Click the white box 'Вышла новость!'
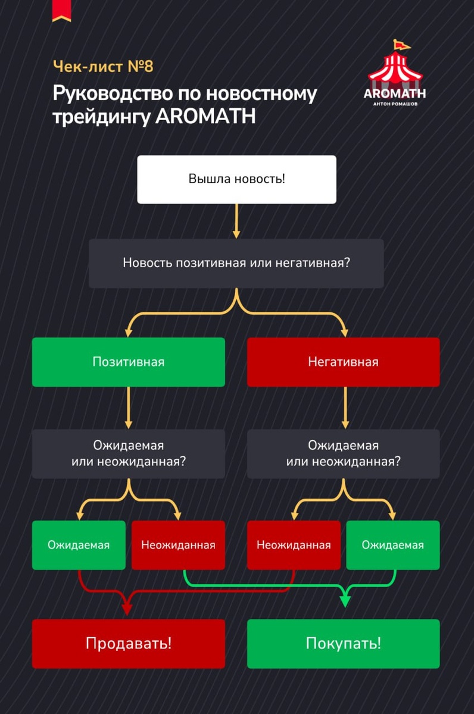coord(236,179)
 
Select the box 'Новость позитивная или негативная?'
coord(236,263)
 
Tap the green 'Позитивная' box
coord(128,362)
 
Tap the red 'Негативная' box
coord(343,362)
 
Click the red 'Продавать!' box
coord(128,643)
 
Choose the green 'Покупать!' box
coord(343,643)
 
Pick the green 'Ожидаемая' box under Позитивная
coord(79,545)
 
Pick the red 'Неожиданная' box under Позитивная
coord(178,545)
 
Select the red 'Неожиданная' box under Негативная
coord(294,545)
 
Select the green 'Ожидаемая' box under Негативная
coord(393,545)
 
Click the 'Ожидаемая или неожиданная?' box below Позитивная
coord(128,453)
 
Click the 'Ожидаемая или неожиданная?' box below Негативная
coord(343,453)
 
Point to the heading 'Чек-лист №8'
coord(103,66)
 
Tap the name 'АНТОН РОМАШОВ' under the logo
coord(395,104)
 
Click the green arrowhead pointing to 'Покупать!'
coord(344,601)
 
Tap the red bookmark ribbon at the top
coord(61,10)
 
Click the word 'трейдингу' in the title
coord(101,116)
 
